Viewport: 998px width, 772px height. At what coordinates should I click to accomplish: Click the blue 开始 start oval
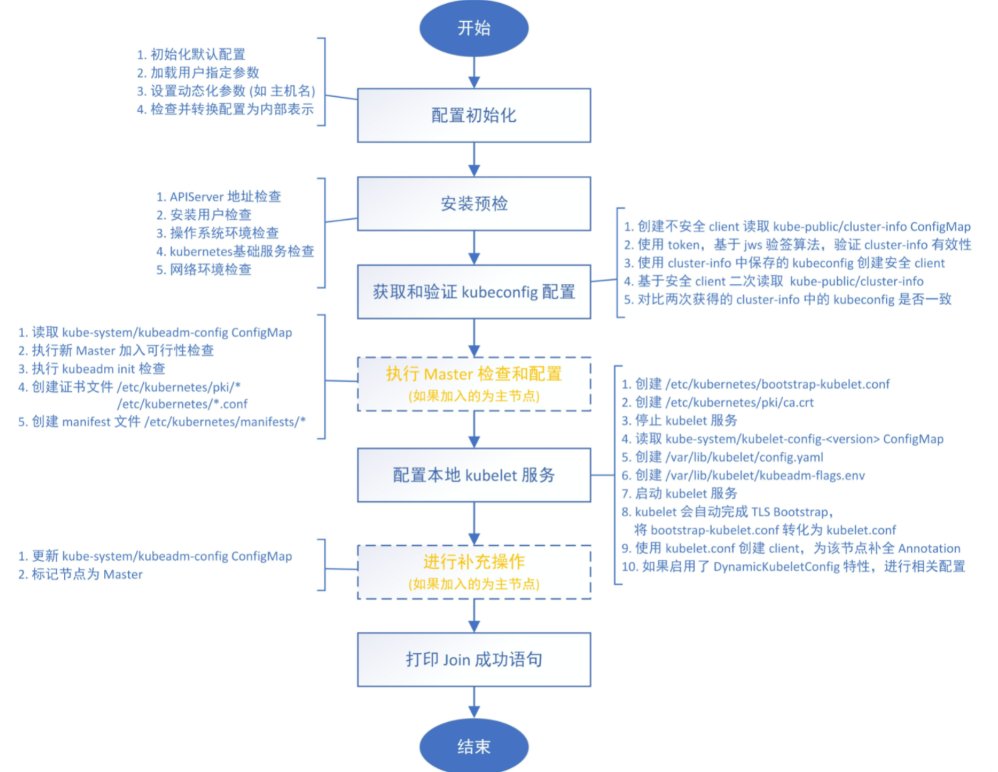tap(474, 28)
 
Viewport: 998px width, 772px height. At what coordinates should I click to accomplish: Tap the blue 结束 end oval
tap(474, 746)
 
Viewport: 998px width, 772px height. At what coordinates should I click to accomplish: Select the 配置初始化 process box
tap(474, 115)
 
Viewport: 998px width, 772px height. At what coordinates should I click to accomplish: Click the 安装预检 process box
tap(474, 203)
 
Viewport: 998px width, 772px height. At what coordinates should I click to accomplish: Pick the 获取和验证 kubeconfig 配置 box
tap(474, 292)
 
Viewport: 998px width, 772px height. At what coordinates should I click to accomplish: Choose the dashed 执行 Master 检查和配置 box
tap(474, 384)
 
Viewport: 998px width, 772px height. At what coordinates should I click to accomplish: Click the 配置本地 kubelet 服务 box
tap(474, 475)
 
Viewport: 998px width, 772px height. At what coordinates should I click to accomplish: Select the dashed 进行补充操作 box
tap(474, 572)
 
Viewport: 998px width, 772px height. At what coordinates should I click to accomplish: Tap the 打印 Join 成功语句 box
tap(474, 659)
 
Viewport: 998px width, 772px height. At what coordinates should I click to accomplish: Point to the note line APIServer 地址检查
tap(219, 196)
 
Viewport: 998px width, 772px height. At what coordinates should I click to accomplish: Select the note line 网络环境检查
tap(204, 269)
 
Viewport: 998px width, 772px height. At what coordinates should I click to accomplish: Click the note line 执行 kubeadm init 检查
tap(92, 368)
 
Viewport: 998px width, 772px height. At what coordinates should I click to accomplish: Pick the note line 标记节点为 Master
tap(81, 574)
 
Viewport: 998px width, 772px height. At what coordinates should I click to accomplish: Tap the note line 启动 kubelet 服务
tap(680, 494)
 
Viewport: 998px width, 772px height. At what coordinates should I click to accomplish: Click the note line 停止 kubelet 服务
tap(680, 420)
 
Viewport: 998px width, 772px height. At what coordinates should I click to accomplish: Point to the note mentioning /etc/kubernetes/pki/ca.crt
tap(718, 402)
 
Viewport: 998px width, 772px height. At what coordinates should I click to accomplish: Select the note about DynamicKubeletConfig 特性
tap(794, 566)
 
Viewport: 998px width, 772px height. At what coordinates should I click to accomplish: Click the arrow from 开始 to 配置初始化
tap(474, 72)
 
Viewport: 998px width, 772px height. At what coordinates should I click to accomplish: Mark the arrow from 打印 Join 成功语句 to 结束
tap(474, 702)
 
